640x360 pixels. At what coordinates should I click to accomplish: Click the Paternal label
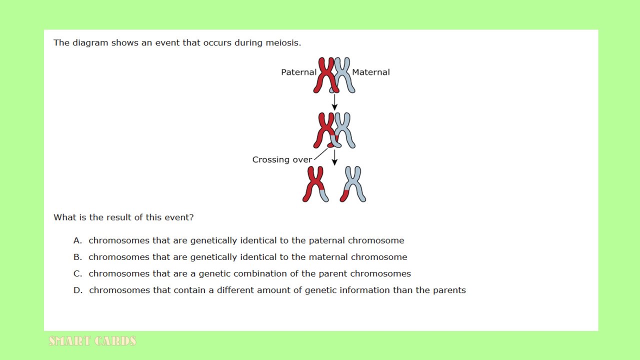[298, 72]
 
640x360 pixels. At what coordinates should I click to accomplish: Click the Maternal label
[371, 72]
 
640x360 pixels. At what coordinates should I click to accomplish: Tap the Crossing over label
[282, 159]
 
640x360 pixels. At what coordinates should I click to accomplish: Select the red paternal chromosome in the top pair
[326, 75]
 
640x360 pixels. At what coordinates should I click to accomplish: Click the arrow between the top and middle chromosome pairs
[334, 102]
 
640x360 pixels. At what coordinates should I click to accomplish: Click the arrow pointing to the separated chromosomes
[334, 157]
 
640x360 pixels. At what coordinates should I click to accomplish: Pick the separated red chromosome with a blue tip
[315, 184]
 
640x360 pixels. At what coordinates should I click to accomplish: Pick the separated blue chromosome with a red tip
[353, 184]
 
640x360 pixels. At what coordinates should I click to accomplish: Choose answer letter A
[77, 240]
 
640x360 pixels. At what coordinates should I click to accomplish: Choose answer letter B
[77, 257]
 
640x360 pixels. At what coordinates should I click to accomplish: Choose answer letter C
[77, 273]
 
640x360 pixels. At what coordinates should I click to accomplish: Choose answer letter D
[77, 290]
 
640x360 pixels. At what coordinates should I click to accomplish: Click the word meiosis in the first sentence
[283, 43]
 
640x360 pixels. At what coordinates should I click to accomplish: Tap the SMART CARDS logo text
[92, 341]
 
